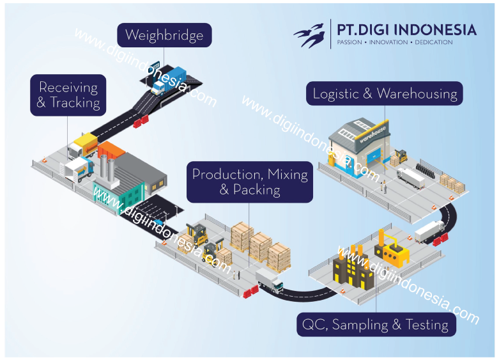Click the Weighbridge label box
(x=164, y=35)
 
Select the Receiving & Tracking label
(x=68, y=95)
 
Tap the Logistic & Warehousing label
(x=385, y=94)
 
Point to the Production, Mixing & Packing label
(x=250, y=182)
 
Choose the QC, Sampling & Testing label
(x=376, y=324)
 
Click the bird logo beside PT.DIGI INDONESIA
(x=311, y=36)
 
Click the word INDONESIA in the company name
(x=440, y=29)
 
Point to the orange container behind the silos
(x=111, y=150)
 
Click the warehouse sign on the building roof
(x=373, y=136)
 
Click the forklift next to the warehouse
(x=401, y=156)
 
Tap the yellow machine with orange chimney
(x=392, y=249)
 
